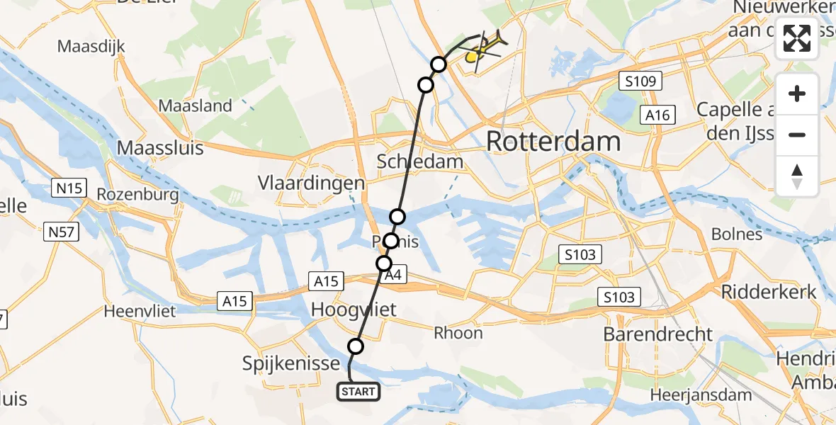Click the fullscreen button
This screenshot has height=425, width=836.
[797, 38]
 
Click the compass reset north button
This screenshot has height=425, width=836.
[797, 176]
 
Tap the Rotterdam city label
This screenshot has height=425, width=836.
[553, 142]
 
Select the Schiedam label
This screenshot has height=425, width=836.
[420, 161]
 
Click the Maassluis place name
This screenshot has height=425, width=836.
[160, 148]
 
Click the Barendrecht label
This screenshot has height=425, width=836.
[658, 334]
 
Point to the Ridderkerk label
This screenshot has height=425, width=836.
[769, 292]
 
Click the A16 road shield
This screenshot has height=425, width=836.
[657, 115]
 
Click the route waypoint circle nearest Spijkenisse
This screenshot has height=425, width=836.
[356, 346]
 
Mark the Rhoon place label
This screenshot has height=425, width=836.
[458, 333]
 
